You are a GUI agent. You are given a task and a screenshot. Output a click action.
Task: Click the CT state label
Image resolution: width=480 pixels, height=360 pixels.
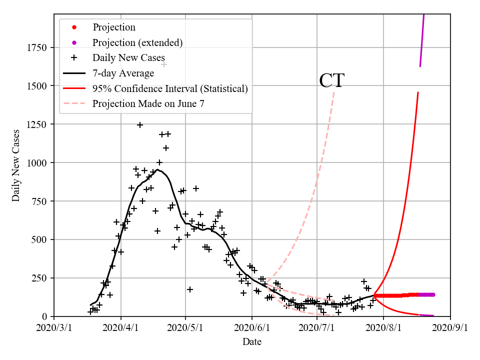pyautogui.click(x=331, y=80)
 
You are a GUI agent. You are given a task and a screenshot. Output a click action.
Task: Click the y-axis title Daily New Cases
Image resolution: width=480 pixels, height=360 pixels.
pyautogui.click(x=16, y=165)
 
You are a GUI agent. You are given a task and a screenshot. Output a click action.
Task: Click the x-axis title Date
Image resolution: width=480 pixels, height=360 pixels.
pyautogui.click(x=252, y=342)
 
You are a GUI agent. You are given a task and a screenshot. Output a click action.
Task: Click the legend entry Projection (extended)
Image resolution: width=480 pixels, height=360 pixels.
pyautogui.click(x=137, y=42)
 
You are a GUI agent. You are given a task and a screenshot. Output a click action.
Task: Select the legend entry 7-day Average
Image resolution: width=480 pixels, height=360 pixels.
pyautogui.click(x=123, y=73)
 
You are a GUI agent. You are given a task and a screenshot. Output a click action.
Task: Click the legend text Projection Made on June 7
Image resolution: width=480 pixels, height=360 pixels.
pyautogui.click(x=148, y=104)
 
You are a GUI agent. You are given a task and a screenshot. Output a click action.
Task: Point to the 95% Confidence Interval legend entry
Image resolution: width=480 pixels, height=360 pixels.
pyautogui.click(x=170, y=89)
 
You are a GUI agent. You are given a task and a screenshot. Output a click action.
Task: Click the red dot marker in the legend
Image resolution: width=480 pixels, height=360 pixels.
pyautogui.click(x=74, y=27)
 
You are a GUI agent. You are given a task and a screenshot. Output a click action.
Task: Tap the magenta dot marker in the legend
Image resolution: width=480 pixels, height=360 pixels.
pyautogui.click(x=74, y=42)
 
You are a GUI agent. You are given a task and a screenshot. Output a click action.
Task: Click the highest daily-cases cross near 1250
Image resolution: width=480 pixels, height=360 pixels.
pyautogui.click(x=140, y=125)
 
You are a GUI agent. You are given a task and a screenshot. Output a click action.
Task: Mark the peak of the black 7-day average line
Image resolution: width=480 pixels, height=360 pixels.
pyautogui.click(x=157, y=169)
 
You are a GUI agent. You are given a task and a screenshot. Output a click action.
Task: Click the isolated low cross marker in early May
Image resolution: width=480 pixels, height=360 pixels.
pyautogui.click(x=190, y=289)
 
